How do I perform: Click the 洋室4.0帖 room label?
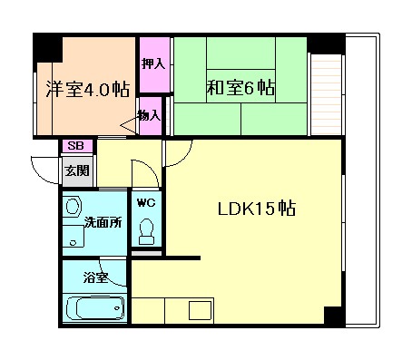point(88,89)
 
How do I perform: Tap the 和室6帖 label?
point(240,88)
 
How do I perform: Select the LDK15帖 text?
point(257,209)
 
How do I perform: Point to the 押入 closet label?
point(153,63)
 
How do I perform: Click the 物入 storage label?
point(150,115)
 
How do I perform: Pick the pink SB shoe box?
point(77,146)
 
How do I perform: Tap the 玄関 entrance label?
point(77,170)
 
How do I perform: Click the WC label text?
point(146,203)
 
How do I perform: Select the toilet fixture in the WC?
point(147,231)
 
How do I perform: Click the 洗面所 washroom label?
point(103,222)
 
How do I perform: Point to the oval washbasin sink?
point(73,207)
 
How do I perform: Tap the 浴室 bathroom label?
point(95,277)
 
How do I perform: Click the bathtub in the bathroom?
point(95,307)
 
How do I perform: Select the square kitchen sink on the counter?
point(200,310)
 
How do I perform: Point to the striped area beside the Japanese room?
point(326,94)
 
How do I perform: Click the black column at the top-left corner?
point(47,48)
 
